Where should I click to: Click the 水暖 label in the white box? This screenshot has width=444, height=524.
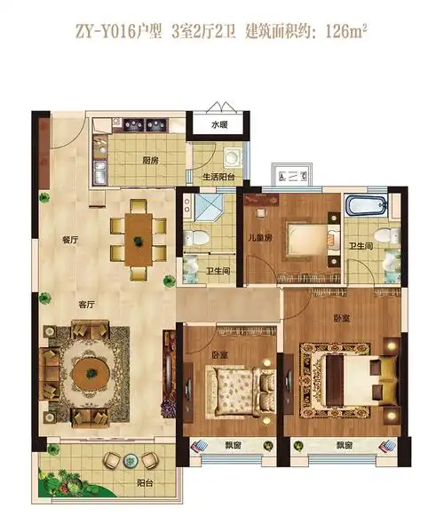click(x=219, y=125)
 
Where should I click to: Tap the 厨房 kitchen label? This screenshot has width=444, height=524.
click(x=150, y=161)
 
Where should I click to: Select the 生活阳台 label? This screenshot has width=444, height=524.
click(x=218, y=177)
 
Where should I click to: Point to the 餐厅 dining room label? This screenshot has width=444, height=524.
click(x=70, y=240)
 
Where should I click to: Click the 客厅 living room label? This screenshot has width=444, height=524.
click(x=86, y=305)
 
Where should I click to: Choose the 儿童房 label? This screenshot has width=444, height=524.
click(x=260, y=238)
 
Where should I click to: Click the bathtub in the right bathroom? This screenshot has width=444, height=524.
click(x=367, y=205)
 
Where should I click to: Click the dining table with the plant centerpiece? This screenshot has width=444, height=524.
click(x=139, y=240)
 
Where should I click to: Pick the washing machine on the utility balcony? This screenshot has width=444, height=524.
click(x=232, y=157)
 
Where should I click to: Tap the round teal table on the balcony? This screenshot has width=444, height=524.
click(x=130, y=461)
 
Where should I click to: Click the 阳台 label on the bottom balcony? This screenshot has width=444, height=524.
click(x=145, y=483)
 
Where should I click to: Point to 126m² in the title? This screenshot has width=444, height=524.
click(x=346, y=32)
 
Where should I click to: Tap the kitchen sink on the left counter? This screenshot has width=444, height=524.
click(x=99, y=172)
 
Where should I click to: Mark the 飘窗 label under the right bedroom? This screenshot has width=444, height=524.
click(x=345, y=445)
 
